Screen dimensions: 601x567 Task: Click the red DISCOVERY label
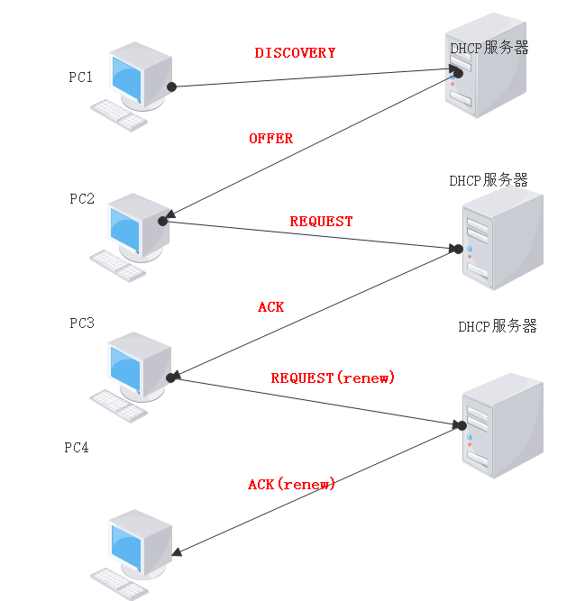(295, 53)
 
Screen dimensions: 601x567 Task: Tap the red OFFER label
(270, 139)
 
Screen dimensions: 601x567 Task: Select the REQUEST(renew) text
(333, 378)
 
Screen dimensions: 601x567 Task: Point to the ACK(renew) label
(291, 485)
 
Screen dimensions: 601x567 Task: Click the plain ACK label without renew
(270, 307)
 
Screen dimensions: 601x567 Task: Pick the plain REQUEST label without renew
(321, 222)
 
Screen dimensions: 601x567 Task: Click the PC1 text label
(81, 77)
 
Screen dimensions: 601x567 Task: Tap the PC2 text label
(82, 198)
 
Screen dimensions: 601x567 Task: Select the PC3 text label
(82, 323)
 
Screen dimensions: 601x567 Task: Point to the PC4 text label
(77, 447)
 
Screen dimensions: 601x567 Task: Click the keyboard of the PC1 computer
(120, 114)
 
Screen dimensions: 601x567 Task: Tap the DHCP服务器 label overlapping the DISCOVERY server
(489, 48)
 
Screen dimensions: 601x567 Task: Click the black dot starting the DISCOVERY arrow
(171, 87)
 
